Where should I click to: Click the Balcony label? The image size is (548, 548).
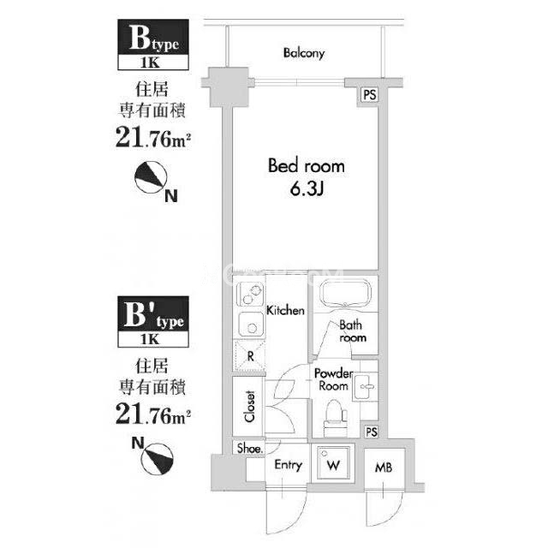coord(304,53)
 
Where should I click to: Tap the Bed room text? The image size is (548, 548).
coord(307,165)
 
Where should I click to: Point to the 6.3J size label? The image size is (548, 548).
coord(307,189)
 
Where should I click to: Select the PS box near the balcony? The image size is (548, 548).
coord(370,95)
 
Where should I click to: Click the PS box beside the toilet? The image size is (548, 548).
coord(371,432)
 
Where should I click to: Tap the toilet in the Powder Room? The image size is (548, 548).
coord(336,417)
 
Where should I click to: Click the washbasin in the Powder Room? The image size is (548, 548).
coord(366,386)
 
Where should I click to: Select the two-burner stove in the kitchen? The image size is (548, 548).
coord(251,295)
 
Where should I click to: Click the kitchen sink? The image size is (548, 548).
coord(251,324)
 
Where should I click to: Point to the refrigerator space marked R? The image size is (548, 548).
coord(250,356)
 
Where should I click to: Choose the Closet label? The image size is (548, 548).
coord(249,406)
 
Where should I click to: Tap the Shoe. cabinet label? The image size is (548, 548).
coord(250,448)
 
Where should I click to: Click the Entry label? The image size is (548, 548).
coord(289,466)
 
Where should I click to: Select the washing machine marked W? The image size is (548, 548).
coord(333,462)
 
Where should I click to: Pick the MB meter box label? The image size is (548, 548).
coord(384,468)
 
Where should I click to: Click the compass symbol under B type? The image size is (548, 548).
coord(151,177)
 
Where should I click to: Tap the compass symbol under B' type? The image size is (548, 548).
coord(158,459)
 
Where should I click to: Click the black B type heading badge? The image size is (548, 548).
coord(153,37)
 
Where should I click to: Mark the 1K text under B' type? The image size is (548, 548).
coord(151,339)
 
